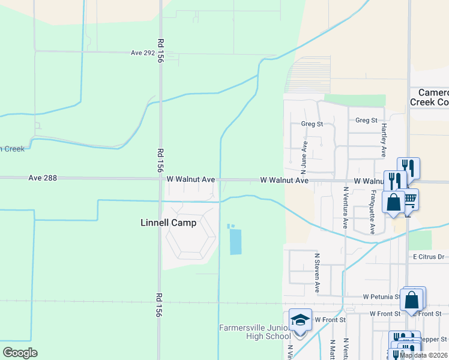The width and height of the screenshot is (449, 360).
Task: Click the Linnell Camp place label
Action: [168, 223]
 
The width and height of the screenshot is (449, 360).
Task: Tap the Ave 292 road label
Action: [143, 53]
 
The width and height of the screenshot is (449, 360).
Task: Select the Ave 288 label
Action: [41, 178]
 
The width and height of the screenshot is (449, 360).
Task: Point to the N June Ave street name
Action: [304, 153]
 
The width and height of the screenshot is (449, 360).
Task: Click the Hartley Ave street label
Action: [382, 142]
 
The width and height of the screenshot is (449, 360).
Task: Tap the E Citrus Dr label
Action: [428, 257]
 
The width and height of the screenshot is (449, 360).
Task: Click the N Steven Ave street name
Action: [317, 273]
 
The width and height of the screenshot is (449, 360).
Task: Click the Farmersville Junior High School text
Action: [255, 332]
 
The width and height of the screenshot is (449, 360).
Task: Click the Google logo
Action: [20, 353]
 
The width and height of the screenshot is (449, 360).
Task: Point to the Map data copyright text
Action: [424, 355]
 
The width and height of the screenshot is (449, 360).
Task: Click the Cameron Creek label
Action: [429, 97]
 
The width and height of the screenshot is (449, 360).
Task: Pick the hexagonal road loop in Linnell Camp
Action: [191, 238]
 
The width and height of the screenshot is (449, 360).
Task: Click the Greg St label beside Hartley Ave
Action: [366, 120]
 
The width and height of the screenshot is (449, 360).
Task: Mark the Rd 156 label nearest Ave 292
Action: [160, 52]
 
